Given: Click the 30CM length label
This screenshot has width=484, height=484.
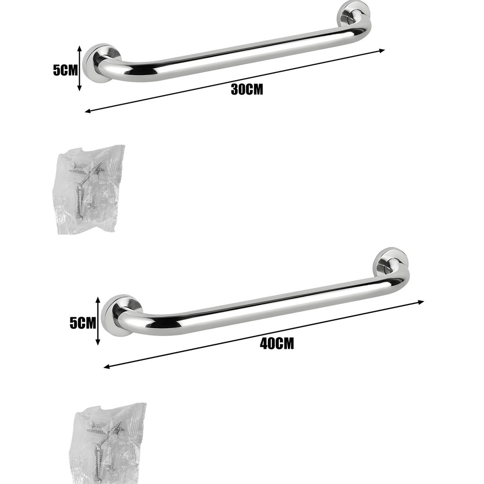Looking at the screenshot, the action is pyautogui.click(x=247, y=89).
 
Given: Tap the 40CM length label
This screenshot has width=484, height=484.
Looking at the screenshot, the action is pyautogui.click(x=277, y=344).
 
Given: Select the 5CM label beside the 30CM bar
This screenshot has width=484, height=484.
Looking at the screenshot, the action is pyautogui.click(x=65, y=70).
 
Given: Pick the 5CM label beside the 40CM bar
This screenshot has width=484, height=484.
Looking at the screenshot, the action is pyautogui.click(x=83, y=323).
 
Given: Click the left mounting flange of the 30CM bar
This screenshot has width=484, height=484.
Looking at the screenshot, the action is pyautogui.click(x=99, y=63).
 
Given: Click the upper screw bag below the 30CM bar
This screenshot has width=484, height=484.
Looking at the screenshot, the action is pyautogui.click(x=88, y=189).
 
